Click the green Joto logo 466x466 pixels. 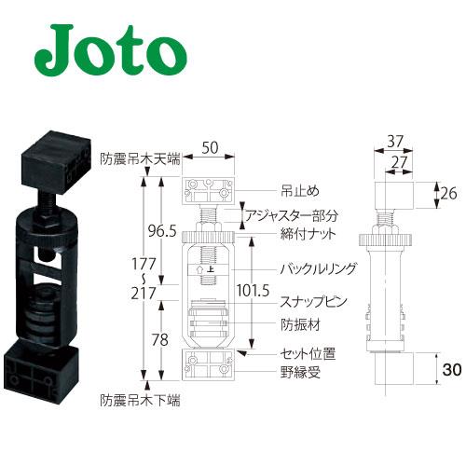pos(111,50)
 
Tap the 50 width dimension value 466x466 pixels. pos(210,148)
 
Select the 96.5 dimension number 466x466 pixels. pos(162,231)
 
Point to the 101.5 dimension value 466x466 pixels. pos(253,291)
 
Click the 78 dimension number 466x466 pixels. pos(160,340)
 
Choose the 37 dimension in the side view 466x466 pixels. pos(395,142)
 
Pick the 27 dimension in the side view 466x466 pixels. pos(399,163)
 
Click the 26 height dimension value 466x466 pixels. pos(448,194)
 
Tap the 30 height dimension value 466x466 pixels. pos(452,370)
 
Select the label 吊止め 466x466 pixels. pos(300,191)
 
